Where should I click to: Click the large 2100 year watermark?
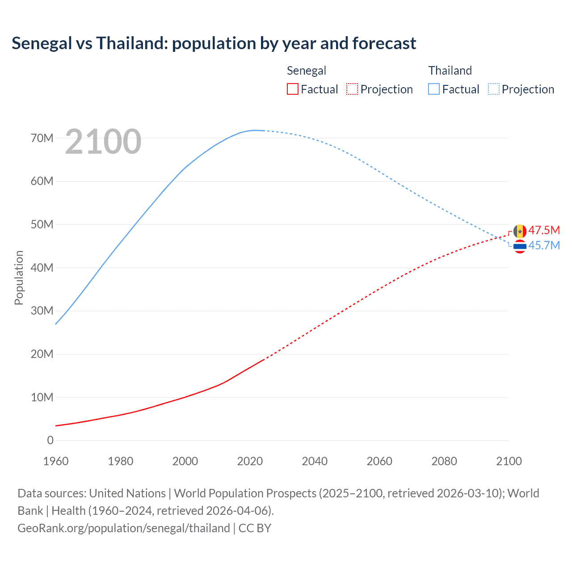click(x=103, y=142)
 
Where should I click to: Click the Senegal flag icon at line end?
click(x=520, y=231)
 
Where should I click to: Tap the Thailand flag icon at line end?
click(x=520, y=246)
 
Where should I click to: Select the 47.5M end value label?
click(x=544, y=231)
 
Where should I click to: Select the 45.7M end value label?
click(x=544, y=245)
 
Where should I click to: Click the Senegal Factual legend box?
click(x=293, y=89)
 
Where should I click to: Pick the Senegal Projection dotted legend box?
click(x=352, y=89)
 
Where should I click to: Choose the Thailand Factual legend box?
click(x=434, y=89)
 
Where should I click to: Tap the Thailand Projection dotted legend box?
click(x=494, y=89)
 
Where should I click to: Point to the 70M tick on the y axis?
click(x=42, y=138)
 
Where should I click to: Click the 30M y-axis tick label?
click(x=42, y=311)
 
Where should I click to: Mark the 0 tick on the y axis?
click(x=50, y=440)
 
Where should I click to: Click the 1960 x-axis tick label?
click(x=56, y=461)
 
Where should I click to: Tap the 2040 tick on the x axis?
click(x=315, y=461)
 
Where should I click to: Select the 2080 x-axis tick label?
click(x=444, y=461)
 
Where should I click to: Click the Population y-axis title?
click(x=19, y=278)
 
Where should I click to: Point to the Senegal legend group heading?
click(x=307, y=71)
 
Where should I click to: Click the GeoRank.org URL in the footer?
click(x=124, y=528)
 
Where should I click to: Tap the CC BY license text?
click(x=255, y=528)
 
